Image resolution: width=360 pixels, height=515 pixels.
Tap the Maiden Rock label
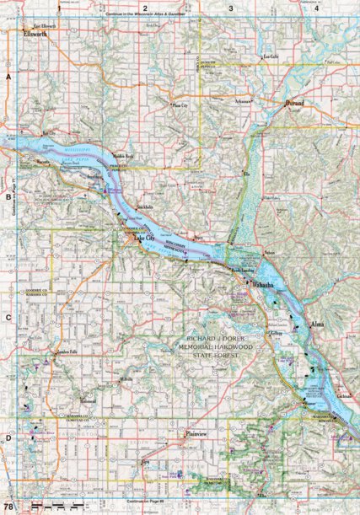pyautogui.click(x=123, y=153)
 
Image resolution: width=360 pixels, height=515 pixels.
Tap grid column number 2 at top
pyautogui.click(x=145, y=8)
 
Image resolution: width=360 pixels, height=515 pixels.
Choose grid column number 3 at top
pyautogui.click(x=231, y=8)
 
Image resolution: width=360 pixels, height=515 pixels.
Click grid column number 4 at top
pyautogui.click(x=316, y=8)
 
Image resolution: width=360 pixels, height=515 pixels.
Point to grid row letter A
pyautogui.click(x=8, y=76)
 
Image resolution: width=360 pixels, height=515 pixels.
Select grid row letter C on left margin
pyautogui.click(x=8, y=317)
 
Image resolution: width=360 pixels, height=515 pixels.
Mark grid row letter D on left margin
pyautogui.click(x=8, y=437)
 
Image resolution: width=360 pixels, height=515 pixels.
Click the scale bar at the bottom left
pyautogui.click(x=51, y=504)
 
